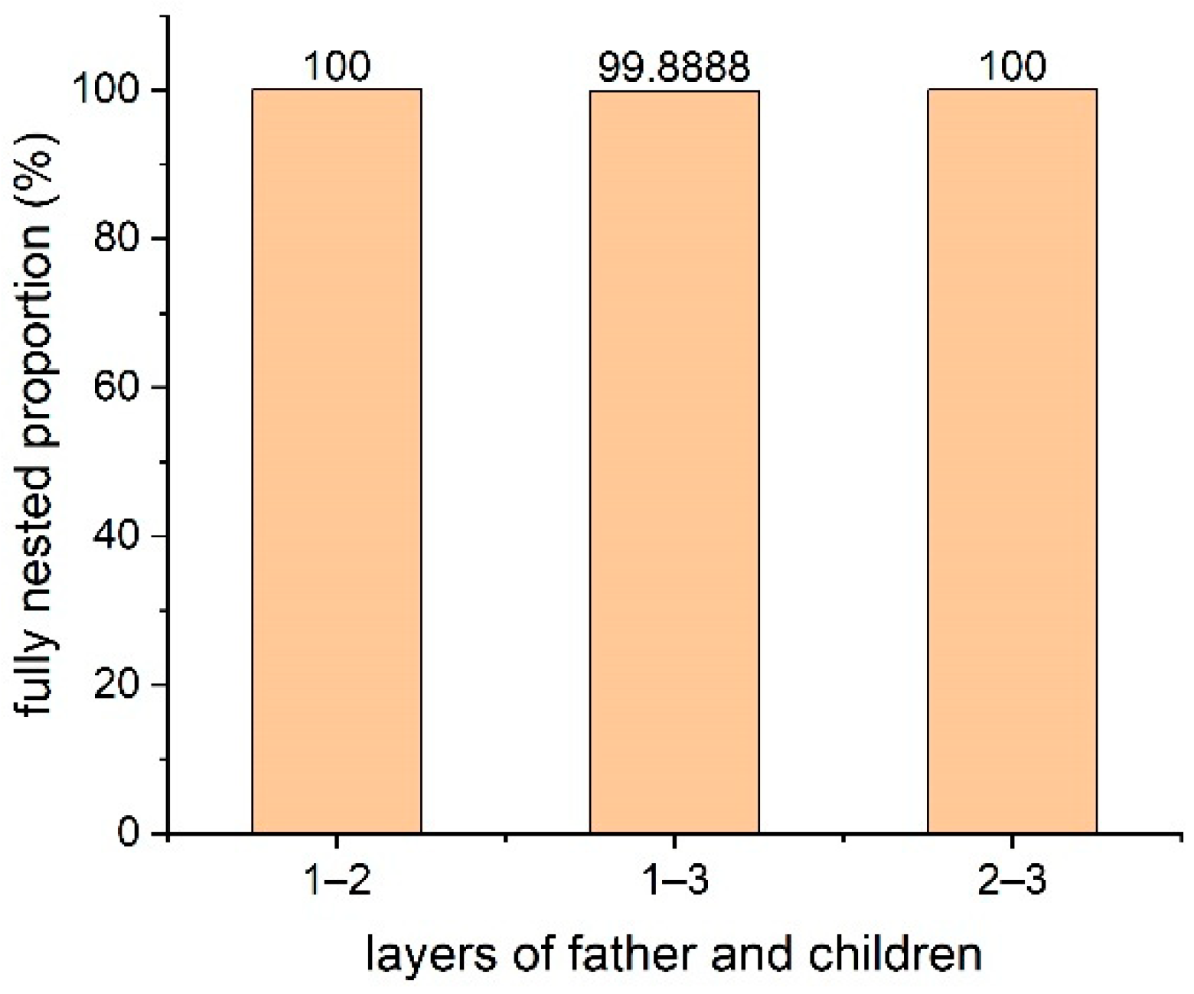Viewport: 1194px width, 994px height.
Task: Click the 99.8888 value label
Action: [674, 67]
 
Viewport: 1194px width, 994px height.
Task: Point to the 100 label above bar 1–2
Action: [337, 67]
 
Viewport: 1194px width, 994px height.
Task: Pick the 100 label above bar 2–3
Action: [1012, 67]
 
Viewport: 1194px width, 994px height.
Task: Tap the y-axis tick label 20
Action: [117, 684]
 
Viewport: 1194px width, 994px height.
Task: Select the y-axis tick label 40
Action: [117, 536]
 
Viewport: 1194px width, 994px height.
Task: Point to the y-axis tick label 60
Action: [117, 387]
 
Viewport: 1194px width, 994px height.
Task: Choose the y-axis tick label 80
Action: [117, 239]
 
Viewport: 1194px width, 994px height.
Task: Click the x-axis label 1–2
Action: [337, 882]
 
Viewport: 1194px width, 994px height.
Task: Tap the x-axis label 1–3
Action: [674, 882]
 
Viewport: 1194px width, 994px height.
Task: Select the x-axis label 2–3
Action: [1012, 882]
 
